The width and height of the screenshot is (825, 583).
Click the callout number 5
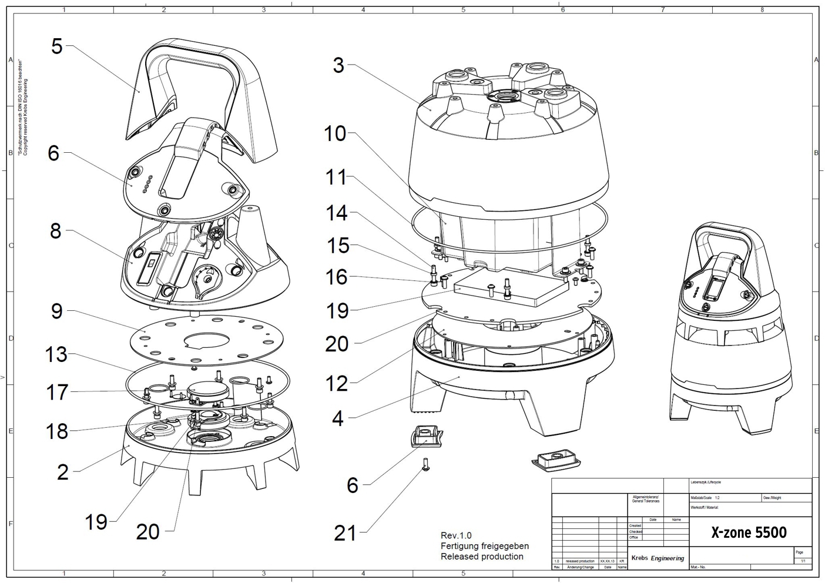click(x=56, y=46)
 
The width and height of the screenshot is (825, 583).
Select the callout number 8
click(x=55, y=231)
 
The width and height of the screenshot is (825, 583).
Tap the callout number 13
click(x=56, y=355)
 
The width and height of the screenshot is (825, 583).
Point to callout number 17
click(x=57, y=392)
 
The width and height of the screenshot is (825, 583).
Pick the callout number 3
click(x=338, y=65)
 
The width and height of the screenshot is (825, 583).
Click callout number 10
click(x=335, y=134)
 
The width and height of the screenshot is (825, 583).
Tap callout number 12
click(x=337, y=383)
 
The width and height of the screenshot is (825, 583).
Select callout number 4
click(x=337, y=418)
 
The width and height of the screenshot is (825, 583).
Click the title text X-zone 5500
click(x=749, y=532)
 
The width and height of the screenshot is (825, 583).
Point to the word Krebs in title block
click(x=639, y=558)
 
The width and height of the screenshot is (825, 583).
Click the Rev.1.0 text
click(x=456, y=535)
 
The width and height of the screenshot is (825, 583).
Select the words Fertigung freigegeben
click(x=485, y=546)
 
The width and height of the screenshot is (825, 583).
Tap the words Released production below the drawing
click(x=482, y=557)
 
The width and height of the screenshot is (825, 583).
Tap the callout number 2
click(x=63, y=471)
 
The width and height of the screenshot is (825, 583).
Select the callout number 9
click(x=56, y=310)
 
